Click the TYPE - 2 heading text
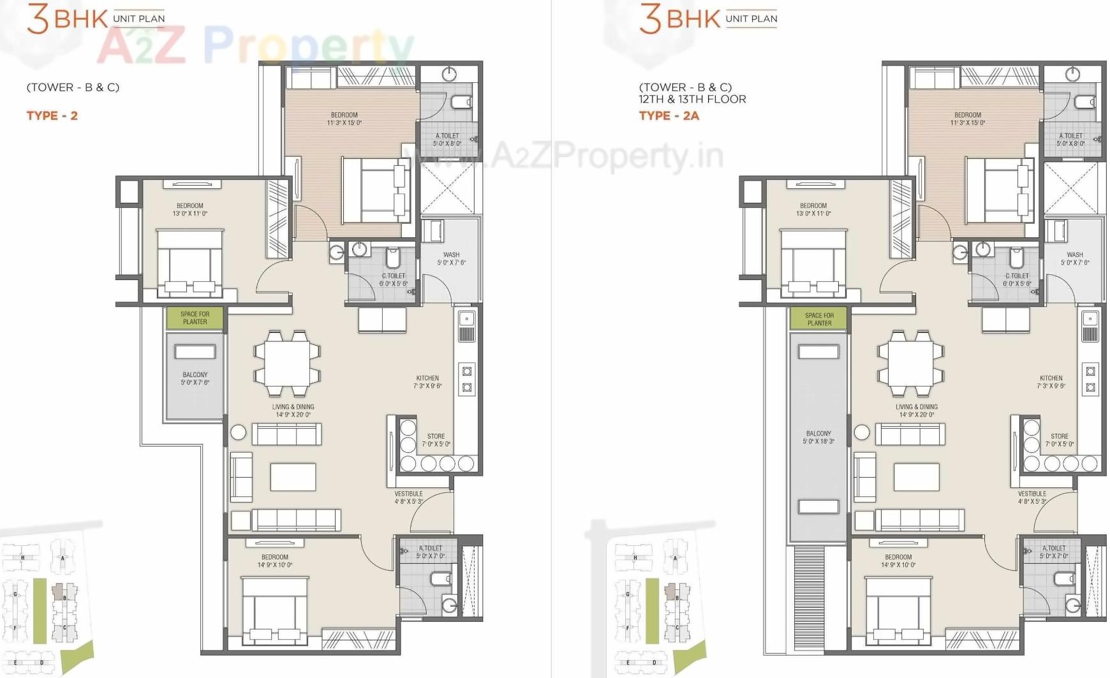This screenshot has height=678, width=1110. tap(52, 115)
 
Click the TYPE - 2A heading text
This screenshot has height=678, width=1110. tap(669, 115)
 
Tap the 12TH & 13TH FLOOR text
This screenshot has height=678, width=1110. tap(692, 99)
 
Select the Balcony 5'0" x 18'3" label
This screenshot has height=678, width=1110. tap(818, 437)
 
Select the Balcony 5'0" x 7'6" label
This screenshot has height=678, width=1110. tap(195, 378)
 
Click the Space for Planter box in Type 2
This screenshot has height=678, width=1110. tap(195, 318)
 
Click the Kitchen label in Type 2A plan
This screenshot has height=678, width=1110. tap(1051, 381)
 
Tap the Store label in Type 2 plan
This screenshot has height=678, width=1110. tap(436, 440)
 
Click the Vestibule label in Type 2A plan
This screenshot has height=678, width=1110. tap(1032, 497)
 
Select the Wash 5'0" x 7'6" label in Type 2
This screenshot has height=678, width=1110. tap(451, 258)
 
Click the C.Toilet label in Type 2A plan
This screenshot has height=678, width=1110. tap(1017, 279)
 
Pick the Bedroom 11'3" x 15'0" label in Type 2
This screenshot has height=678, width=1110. tap(344, 119)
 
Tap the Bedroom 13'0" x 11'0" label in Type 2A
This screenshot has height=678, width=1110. tap(813, 209)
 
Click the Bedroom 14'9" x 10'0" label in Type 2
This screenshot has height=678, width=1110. tap(274, 561)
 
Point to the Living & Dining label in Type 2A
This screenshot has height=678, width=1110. tap(916, 410)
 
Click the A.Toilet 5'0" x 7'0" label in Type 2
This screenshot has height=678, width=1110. tap(430, 552)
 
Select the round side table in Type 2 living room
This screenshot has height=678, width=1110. tap(238, 432)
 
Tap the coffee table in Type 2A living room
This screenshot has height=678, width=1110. tap(916, 476)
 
